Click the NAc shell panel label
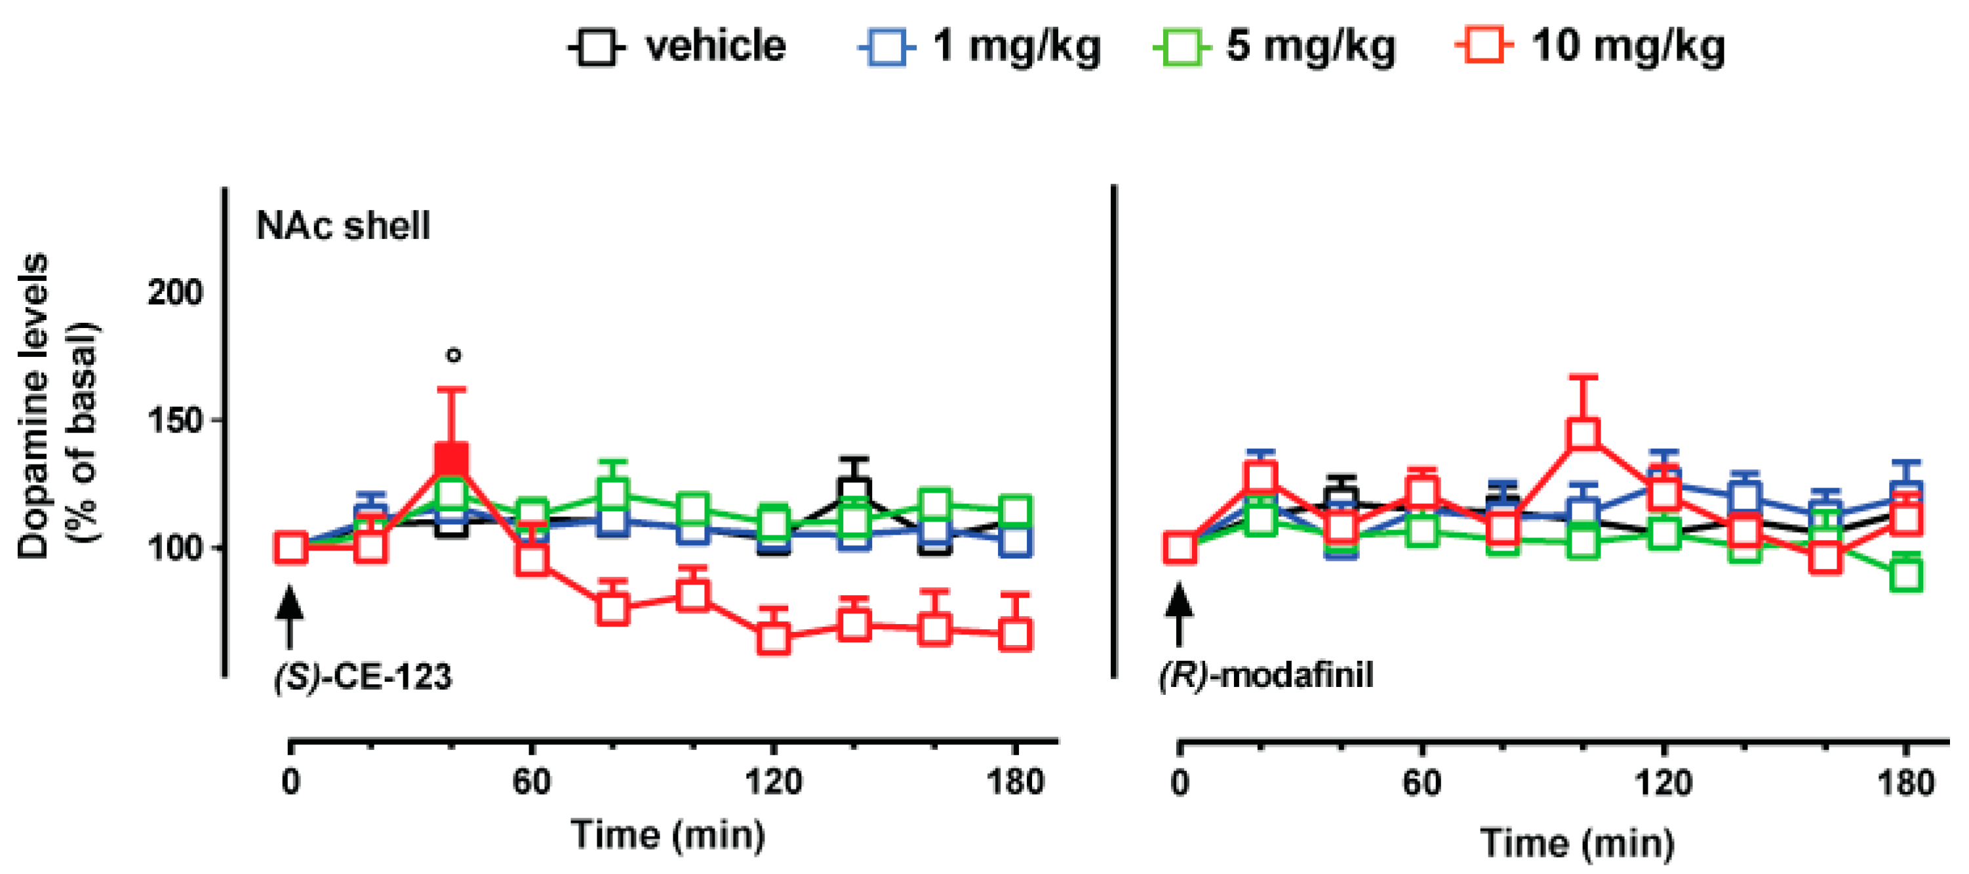pyautogui.click(x=343, y=226)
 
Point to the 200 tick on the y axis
pyautogui.click(x=175, y=293)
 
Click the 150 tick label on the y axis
pyautogui.click(x=175, y=421)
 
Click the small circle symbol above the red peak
pyautogui.click(x=454, y=355)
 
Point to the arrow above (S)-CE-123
pyautogui.click(x=290, y=616)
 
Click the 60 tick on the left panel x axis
pyautogui.click(x=531, y=782)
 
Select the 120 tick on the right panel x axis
pyautogui.click(x=1663, y=783)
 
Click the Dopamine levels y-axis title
pyautogui.click(x=57, y=406)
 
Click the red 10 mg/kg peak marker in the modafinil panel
pyautogui.click(x=1583, y=434)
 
